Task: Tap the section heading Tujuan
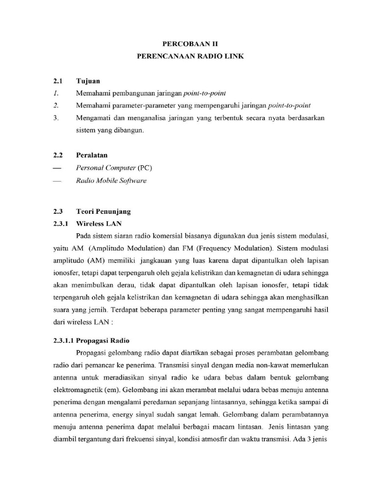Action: (88, 80)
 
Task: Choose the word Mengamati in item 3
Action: (94, 118)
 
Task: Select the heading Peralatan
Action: (92, 155)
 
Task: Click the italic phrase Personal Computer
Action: (105, 168)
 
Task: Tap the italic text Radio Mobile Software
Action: (111, 181)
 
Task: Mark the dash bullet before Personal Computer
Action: (58, 168)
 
